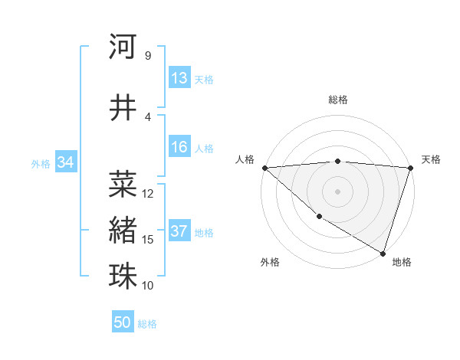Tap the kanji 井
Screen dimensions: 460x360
[123, 107]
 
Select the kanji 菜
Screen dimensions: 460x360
[123, 183]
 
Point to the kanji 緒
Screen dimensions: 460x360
[123, 228]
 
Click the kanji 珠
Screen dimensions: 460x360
[123, 275]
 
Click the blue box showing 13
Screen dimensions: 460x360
[179, 78]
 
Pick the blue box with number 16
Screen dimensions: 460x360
[179, 148]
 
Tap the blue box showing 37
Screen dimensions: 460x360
[179, 231]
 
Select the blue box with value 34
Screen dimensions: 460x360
[66, 162]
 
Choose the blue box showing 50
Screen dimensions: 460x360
[123, 322]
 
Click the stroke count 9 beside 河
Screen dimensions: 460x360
[147, 56]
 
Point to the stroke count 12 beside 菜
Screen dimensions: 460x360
[149, 194]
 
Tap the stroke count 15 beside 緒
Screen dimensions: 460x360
[149, 240]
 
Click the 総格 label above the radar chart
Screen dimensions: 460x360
[338, 100]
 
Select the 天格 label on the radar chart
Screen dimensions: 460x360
[431, 159]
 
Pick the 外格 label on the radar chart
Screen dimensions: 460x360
[270, 262]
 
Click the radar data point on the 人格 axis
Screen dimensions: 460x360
[264, 168]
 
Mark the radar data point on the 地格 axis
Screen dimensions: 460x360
[383, 252]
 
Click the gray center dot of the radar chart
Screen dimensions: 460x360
[338, 191]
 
